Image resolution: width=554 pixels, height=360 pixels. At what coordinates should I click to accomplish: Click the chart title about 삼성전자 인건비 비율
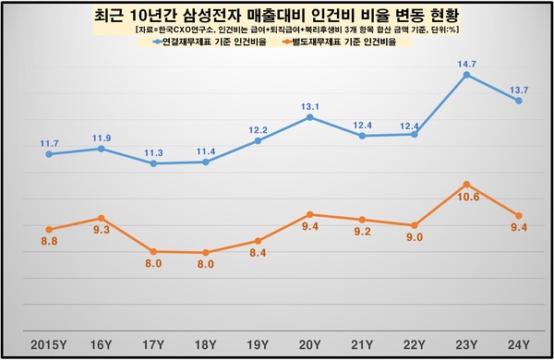[x=277, y=16]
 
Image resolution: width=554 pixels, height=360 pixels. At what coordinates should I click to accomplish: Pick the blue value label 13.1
[x=309, y=104]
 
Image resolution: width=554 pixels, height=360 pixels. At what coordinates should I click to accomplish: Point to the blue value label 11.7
[x=48, y=142]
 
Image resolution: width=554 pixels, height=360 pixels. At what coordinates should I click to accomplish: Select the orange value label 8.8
[x=48, y=242]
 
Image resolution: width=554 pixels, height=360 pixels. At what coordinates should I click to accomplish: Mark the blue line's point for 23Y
[x=467, y=75]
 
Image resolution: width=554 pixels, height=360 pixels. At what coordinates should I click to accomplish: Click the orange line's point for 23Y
[x=467, y=185]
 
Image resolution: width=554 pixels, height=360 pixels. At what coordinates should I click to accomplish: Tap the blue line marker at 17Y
[x=153, y=163]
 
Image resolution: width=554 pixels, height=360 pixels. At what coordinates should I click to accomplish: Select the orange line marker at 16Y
[x=101, y=218]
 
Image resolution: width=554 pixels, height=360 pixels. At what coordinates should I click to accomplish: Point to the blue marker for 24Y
[x=519, y=101]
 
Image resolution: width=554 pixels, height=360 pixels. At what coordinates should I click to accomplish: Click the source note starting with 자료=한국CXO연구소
[x=277, y=30]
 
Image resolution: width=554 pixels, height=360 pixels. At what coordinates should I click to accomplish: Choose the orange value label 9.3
[x=101, y=230]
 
